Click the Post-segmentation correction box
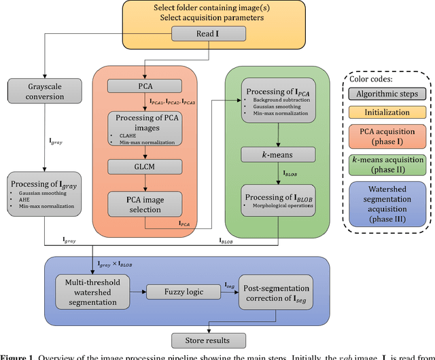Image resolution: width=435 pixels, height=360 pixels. point(275,292)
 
